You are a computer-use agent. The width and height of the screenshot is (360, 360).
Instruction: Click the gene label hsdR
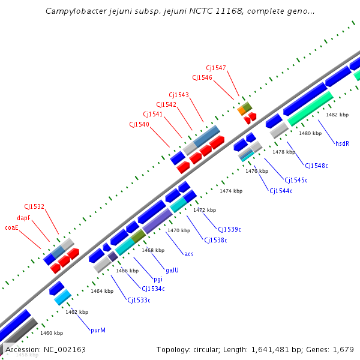pyautogui.click(x=342, y=143)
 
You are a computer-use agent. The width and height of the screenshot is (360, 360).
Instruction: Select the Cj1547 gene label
pyautogui.click(x=216, y=68)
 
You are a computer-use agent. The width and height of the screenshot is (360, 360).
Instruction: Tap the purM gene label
pyautogui.click(x=98, y=330)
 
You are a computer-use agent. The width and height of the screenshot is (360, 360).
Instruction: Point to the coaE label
pyautogui.click(x=12, y=227)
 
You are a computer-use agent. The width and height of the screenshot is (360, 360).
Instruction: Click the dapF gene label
pyautogui.click(x=23, y=218)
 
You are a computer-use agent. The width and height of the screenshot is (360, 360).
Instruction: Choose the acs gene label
pyautogui.click(x=189, y=254)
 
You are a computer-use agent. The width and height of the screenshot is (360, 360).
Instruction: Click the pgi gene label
pyautogui.click(x=158, y=279)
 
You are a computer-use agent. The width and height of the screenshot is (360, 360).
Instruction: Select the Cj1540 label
pyautogui.click(x=139, y=124)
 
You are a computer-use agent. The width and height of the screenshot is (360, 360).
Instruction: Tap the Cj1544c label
pyautogui.click(x=281, y=191)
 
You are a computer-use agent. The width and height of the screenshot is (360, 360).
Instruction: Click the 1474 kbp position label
pyautogui.click(x=231, y=191)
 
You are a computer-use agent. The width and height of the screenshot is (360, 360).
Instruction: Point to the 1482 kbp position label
pyautogui.click(x=337, y=115)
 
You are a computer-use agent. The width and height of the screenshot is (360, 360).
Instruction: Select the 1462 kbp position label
pyautogui.click(x=77, y=312)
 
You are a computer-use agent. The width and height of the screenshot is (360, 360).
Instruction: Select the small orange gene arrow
pyautogui.click(x=242, y=111)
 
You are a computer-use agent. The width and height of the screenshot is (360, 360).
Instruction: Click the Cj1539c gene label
pyautogui.click(x=229, y=229)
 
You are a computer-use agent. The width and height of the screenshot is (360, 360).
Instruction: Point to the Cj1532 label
pyautogui.click(x=34, y=206)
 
